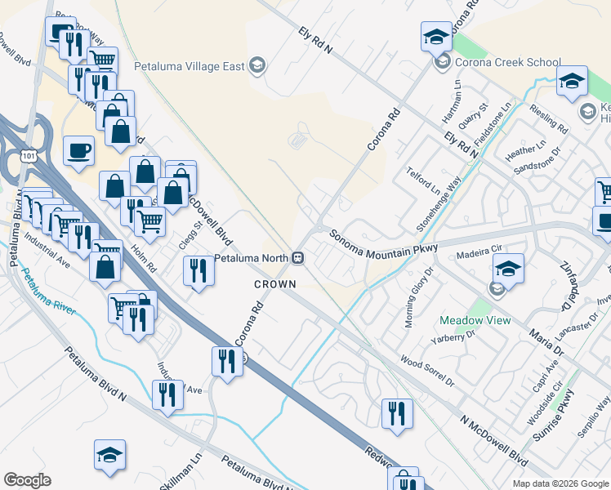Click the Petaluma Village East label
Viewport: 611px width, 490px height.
(x=189, y=66)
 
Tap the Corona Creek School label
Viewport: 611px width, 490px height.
(x=508, y=62)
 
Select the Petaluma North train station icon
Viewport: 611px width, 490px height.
(x=298, y=258)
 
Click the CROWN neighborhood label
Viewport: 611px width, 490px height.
(x=274, y=283)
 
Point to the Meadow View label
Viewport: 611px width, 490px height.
(x=475, y=320)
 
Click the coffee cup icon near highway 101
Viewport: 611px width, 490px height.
(x=78, y=151)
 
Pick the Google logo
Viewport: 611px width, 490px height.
(x=27, y=480)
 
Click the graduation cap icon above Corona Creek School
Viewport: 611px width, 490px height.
(x=436, y=37)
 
